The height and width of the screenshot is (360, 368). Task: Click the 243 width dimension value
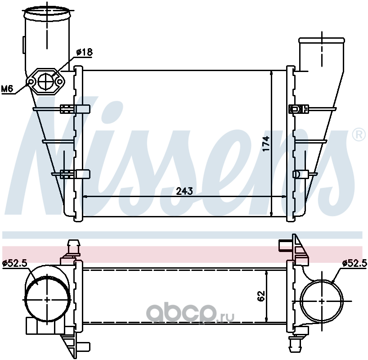coord(184,191)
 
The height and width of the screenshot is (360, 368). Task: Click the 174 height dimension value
coord(266,144)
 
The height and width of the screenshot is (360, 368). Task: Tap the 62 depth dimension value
coord(261,296)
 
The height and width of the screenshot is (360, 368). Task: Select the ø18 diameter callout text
coord(84,52)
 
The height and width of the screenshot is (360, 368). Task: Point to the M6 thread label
coord(7,89)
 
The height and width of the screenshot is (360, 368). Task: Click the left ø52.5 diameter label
coord(15,263)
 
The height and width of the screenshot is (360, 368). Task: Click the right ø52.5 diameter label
coord(355,263)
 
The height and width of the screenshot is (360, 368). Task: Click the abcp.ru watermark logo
coord(190,312)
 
